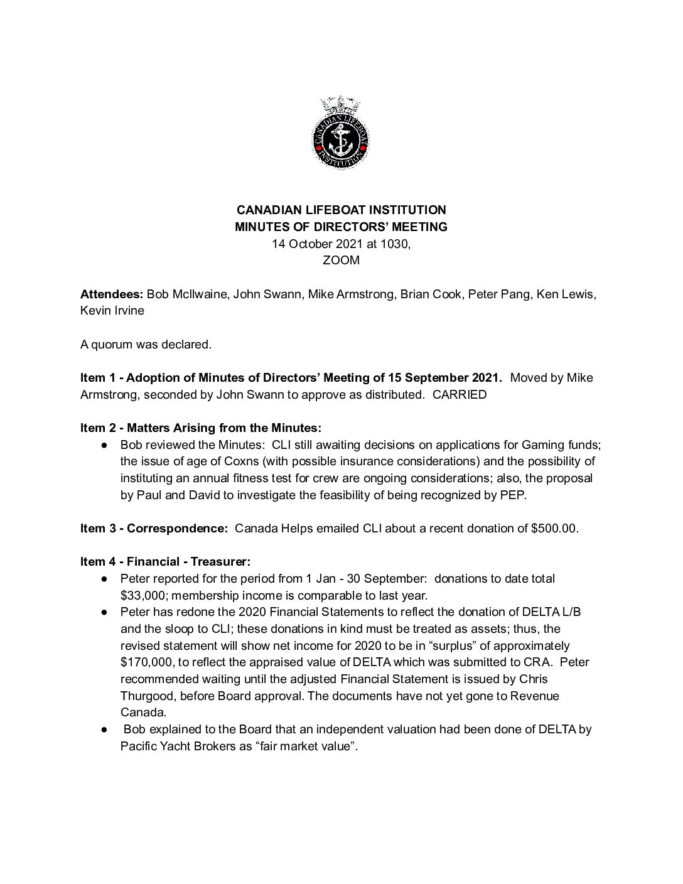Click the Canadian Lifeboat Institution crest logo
[341, 133]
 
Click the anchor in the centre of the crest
[341, 137]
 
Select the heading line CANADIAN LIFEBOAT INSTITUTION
[341, 210]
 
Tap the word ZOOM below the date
[341, 260]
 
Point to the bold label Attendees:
[112, 294]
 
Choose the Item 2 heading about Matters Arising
[201, 428]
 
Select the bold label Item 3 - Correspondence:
[154, 528]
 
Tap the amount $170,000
[146, 662]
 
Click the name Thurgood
[146, 696]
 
